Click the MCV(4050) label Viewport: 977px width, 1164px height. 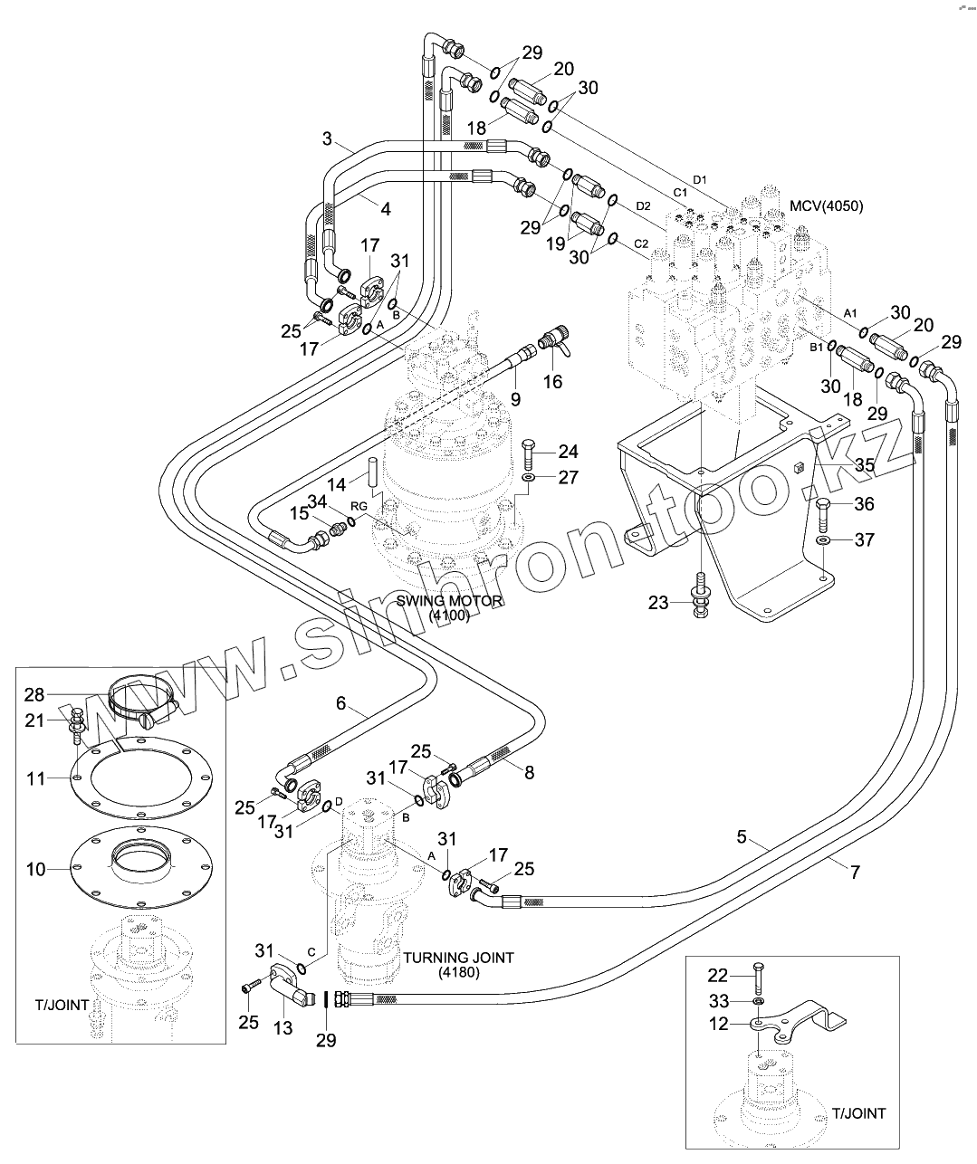tap(826, 206)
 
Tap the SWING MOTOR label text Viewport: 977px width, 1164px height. tap(449, 601)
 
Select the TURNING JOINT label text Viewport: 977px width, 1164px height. tap(458, 958)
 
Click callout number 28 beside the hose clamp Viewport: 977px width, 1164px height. tap(34, 694)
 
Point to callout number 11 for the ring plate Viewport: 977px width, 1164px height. tap(35, 778)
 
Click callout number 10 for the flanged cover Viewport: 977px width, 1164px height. tap(35, 869)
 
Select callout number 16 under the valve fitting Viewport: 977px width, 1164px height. tap(552, 382)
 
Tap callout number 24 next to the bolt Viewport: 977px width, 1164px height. tap(569, 452)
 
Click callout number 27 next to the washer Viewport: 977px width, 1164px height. tap(569, 477)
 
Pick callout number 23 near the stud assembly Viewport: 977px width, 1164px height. tap(658, 603)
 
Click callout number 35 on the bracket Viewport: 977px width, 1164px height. tap(865, 465)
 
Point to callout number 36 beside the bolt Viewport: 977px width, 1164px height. tap(865, 504)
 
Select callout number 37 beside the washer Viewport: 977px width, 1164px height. tap(865, 539)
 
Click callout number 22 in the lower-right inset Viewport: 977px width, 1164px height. tap(718, 976)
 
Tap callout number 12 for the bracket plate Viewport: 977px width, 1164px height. tap(719, 1024)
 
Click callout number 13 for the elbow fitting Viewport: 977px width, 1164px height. tap(283, 1028)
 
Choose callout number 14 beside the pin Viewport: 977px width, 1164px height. tap(336, 485)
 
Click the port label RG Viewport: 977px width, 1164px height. tap(359, 506)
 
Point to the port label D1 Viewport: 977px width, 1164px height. tap(699, 180)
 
